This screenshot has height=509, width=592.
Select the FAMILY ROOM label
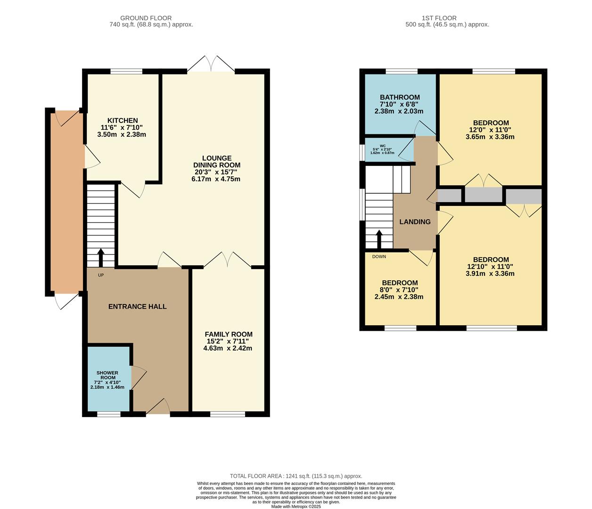tap(228, 334)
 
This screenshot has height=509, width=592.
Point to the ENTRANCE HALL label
tap(137, 306)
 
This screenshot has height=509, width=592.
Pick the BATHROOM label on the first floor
tap(400, 98)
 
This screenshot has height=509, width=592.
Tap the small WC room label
tap(382, 146)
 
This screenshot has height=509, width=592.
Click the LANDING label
tap(415, 222)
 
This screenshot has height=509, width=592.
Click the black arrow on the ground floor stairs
tap(100, 257)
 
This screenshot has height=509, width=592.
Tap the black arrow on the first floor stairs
tap(378, 239)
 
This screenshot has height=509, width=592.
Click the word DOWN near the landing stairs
tap(379, 257)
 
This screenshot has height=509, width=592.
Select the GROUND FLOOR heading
tap(146, 18)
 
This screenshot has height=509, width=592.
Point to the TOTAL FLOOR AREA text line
tap(296, 476)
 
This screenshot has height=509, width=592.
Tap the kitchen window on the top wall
tap(126, 72)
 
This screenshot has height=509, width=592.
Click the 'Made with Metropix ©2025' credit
tap(296, 507)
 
